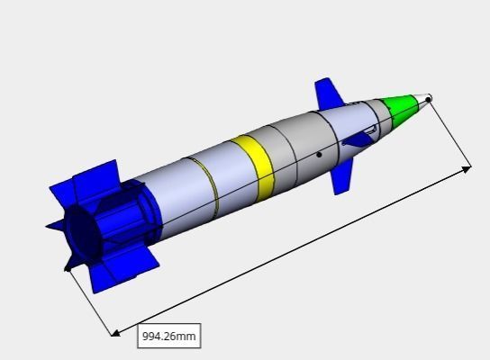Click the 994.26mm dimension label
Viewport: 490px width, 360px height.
click(168, 336)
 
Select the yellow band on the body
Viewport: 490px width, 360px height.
click(252, 166)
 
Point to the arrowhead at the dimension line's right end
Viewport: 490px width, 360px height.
click(467, 167)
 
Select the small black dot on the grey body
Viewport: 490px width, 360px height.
click(319, 155)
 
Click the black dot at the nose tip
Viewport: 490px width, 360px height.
click(429, 99)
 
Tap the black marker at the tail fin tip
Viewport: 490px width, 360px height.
click(68, 266)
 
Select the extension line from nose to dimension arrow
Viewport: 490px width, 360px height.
click(449, 133)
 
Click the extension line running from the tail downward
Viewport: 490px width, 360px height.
click(90, 299)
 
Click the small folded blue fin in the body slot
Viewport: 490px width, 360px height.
click(359, 137)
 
